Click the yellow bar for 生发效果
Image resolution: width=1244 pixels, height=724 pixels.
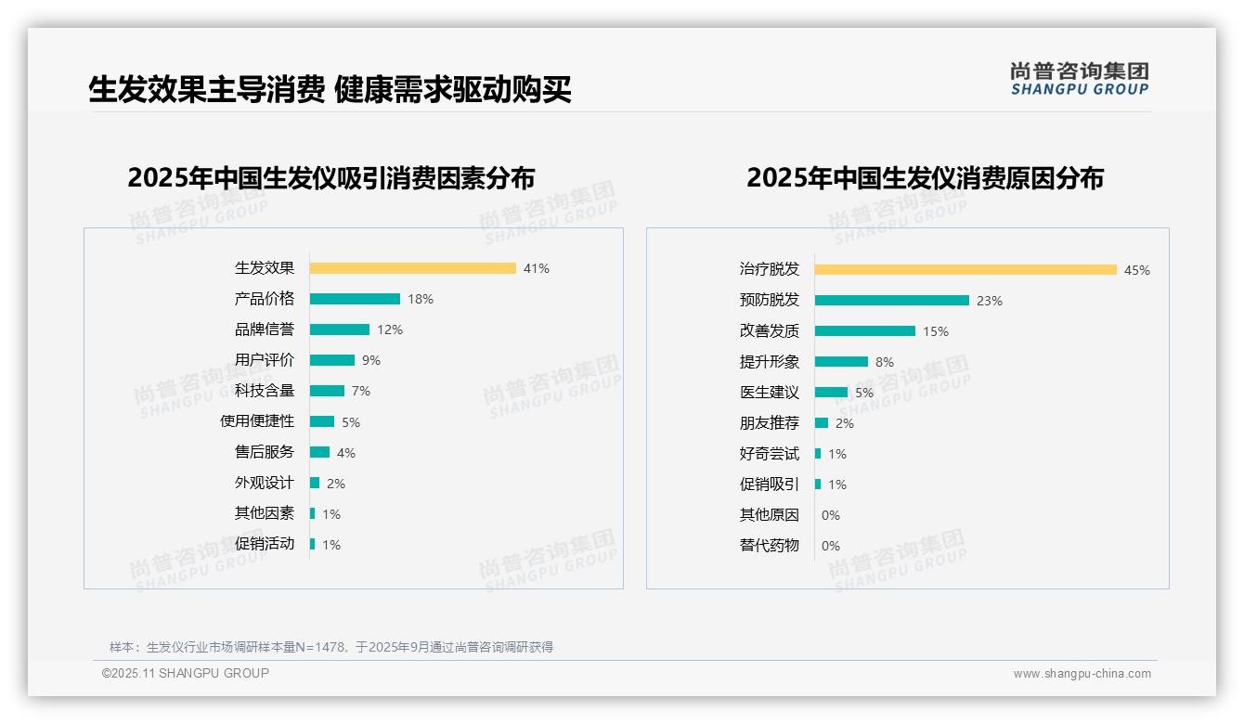(412, 268)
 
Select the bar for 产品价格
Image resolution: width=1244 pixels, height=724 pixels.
(355, 299)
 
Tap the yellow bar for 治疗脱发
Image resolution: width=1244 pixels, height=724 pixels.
(965, 270)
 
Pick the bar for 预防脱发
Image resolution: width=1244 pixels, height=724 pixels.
(891, 301)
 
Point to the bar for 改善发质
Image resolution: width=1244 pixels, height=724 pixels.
(864, 331)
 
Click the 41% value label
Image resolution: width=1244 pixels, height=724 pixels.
(537, 268)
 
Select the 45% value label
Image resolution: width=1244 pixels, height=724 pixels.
(1137, 270)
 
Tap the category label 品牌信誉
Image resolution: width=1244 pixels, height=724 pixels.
(264, 330)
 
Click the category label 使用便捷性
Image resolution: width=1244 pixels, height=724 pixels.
(256, 421)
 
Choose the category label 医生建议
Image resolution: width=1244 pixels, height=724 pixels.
(769, 393)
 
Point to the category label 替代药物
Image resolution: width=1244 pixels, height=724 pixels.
(769, 546)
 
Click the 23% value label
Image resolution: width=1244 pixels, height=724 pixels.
(990, 301)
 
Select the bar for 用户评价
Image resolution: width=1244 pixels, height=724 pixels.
(331, 360)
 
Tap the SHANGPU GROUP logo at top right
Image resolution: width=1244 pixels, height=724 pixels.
(1079, 79)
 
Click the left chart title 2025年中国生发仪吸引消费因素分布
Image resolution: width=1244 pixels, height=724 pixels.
(330, 177)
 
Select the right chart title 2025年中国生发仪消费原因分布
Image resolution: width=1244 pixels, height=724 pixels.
(925, 177)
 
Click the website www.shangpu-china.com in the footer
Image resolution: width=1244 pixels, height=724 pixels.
(1082, 674)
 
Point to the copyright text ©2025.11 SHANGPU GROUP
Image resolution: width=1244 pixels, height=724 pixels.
(186, 673)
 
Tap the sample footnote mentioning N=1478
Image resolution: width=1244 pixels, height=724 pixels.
(330, 647)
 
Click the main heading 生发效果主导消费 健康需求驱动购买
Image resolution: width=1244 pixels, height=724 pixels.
(330, 90)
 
